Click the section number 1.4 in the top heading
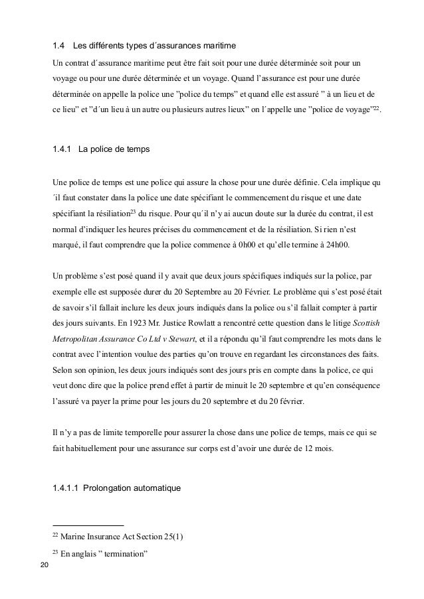coord(58,46)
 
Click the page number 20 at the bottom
coord(44,565)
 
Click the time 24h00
coord(342,245)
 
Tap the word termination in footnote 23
coord(121,552)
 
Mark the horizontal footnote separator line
coord(87,525)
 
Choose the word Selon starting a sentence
coord(64,372)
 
